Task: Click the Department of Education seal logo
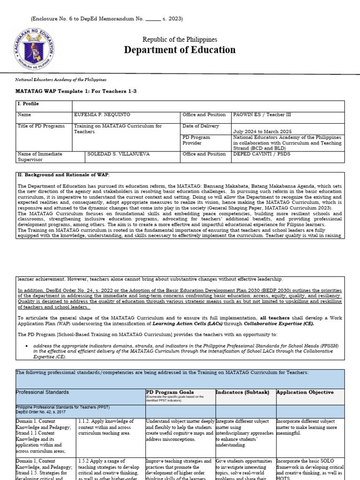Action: [35, 50]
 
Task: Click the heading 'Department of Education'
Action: [180, 50]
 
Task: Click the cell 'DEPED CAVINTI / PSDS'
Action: [259, 154]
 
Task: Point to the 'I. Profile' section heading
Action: [28, 104]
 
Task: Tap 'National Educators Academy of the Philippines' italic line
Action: [61, 80]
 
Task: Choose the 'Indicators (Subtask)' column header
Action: [244, 392]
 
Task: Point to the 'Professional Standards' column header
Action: [42, 392]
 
